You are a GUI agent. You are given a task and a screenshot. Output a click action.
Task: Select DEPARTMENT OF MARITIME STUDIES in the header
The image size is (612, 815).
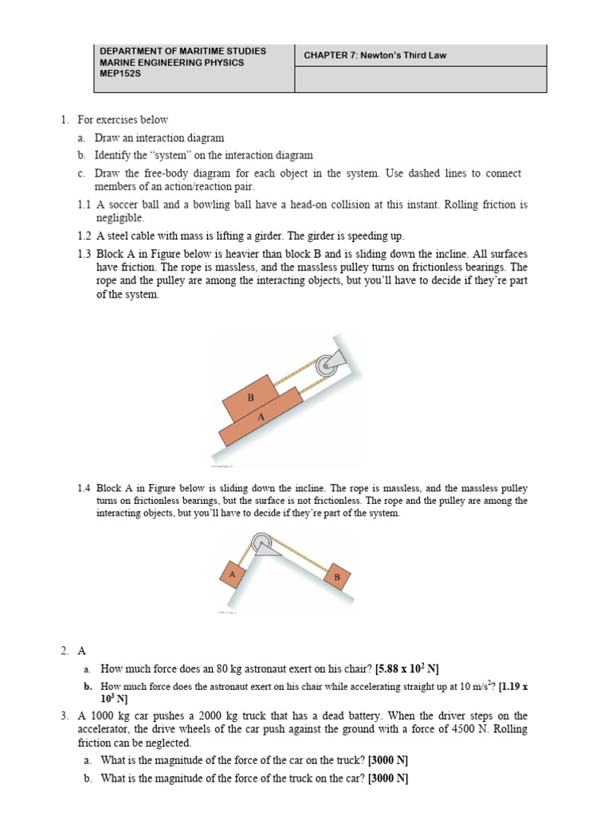pyautogui.click(x=182, y=51)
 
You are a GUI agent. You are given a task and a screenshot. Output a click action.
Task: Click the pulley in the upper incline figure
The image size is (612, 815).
pyautogui.click(x=325, y=365)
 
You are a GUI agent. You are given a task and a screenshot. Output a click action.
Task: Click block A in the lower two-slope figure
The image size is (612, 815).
pyautogui.click(x=232, y=573)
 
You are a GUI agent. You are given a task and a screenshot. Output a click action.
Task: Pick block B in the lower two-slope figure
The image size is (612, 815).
pyautogui.click(x=336, y=577)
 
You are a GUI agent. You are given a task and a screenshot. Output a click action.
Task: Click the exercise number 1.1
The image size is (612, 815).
pyautogui.click(x=85, y=205)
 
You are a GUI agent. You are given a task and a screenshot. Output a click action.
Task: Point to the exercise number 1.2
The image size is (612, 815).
pyautogui.click(x=85, y=236)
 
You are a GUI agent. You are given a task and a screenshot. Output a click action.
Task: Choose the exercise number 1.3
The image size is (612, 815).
pyautogui.click(x=85, y=253)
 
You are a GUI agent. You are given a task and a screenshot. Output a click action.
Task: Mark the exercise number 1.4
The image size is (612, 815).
pyautogui.click(x=84, y=488)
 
